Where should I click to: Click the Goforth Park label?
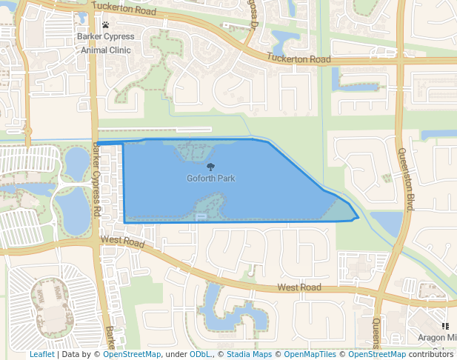coord(211,179)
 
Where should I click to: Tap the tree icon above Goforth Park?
coord(211,167)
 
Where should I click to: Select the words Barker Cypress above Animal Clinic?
coord(105,37)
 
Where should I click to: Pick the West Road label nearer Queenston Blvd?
coord(299,287)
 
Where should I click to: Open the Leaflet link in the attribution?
coord(41,354)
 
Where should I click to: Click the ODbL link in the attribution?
coord(200,354)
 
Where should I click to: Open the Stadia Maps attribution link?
coord(249,354)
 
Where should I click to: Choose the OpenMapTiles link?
coord(310,354)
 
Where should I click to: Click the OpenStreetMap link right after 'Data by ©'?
coord(132,354)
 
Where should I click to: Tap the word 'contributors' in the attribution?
coord(430,354)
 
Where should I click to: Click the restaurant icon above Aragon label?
coord(445,325)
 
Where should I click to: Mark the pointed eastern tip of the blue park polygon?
coord(359,218)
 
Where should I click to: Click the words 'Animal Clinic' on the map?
coord(105,50)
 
